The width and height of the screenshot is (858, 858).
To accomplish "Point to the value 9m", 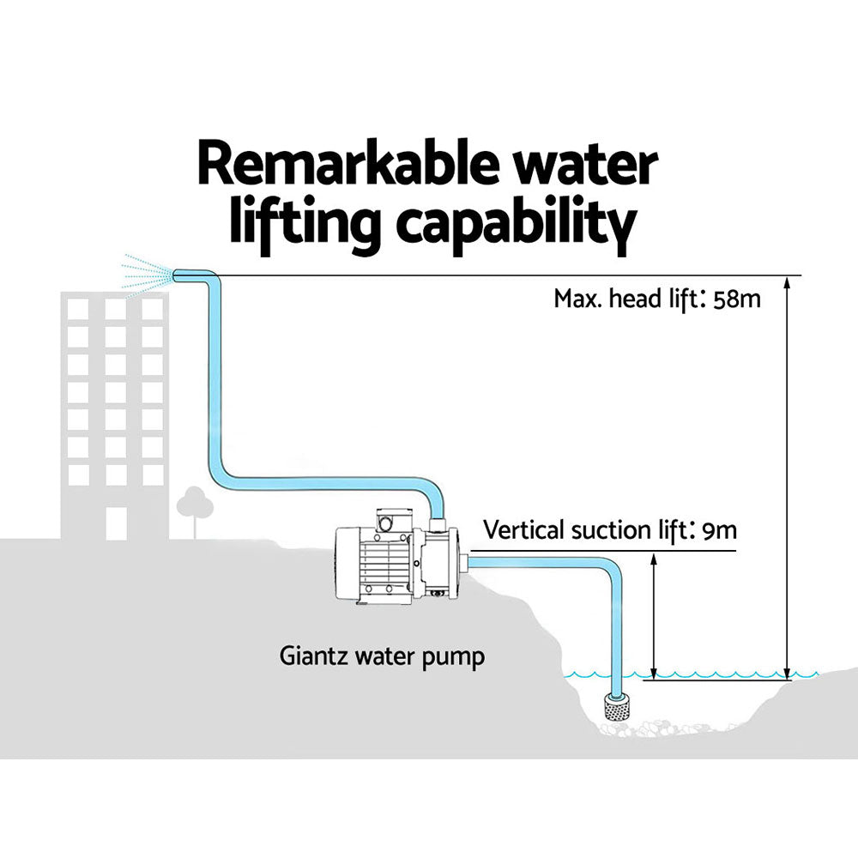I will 719,530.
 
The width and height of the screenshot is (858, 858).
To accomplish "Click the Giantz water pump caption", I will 382,658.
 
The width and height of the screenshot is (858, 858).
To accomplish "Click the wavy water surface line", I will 686,676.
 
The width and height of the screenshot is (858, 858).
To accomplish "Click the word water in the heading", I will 595,166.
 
